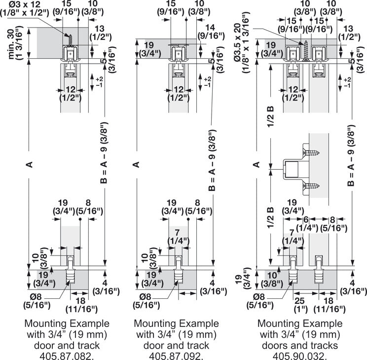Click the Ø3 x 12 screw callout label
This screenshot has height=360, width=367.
[25, 8]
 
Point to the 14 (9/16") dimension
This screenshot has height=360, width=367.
[211, 32]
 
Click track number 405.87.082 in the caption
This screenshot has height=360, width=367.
[67, 356]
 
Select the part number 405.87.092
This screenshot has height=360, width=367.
[176, 356]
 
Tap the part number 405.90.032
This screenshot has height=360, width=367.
[299, 356]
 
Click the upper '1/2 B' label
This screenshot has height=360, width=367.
[271, 116]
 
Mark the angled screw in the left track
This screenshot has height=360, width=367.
[70, 39]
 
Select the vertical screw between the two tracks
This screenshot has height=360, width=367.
[306, 51]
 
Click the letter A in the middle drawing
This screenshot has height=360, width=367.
[137, 165]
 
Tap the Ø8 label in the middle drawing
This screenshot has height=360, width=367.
[147, 297]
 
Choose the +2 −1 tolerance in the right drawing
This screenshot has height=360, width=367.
[347, 82]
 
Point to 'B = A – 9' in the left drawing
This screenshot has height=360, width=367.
[104, 153]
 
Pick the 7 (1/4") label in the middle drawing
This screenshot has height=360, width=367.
[178, 237]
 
